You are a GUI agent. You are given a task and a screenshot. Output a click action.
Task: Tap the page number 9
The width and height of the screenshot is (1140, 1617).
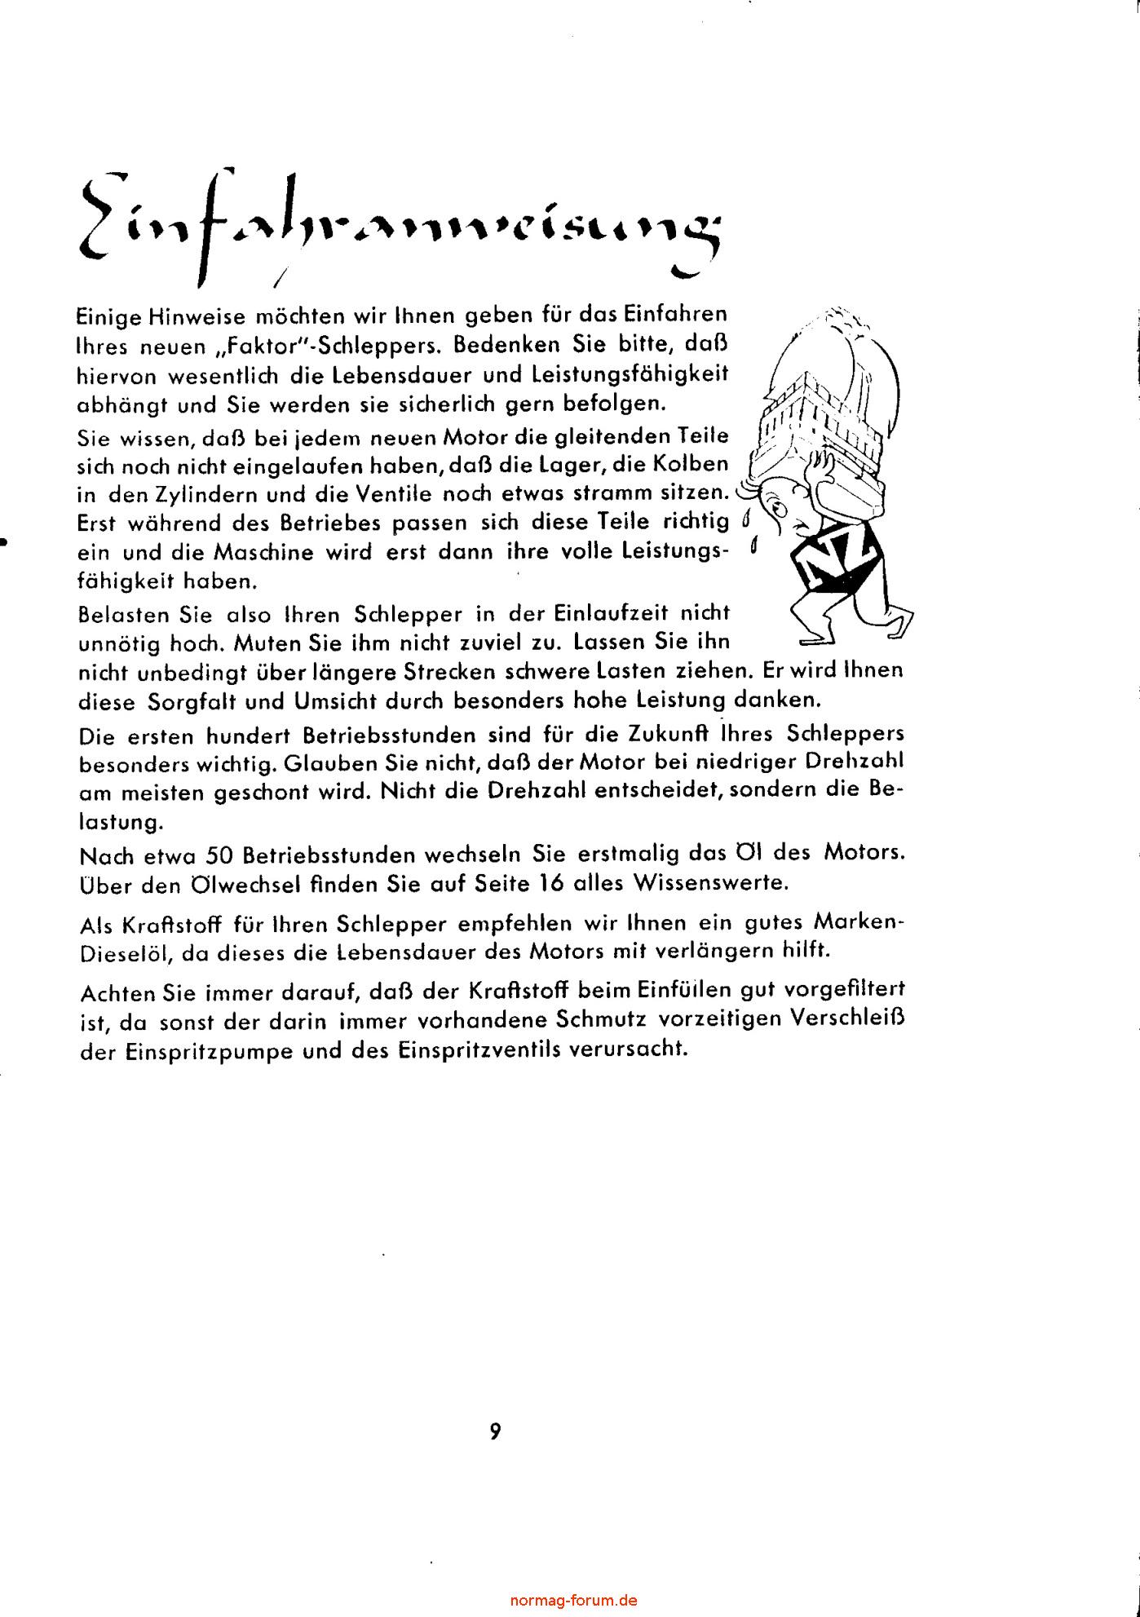[x=495, y=1432]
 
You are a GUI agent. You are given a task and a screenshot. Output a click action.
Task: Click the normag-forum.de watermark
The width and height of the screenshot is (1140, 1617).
[x=573, y=1600]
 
